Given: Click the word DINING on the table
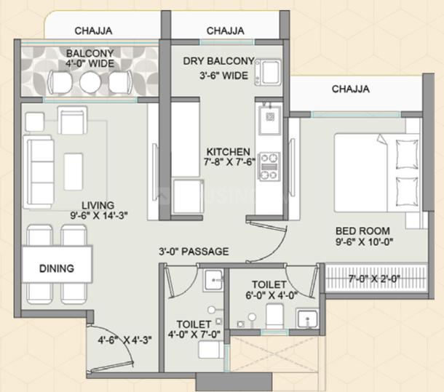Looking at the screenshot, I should coord(56,268).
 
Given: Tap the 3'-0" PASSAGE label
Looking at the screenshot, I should coord(194,252).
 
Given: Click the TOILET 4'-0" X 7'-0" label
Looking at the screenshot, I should coord(194,329).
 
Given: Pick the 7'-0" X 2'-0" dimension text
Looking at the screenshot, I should coord(375,278).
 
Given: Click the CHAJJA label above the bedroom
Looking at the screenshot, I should coord(350,89).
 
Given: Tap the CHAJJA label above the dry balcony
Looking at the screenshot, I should coord(225,31).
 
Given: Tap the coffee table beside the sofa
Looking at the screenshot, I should coord(74,171).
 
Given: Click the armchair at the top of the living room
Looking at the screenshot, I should coord(73,119).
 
